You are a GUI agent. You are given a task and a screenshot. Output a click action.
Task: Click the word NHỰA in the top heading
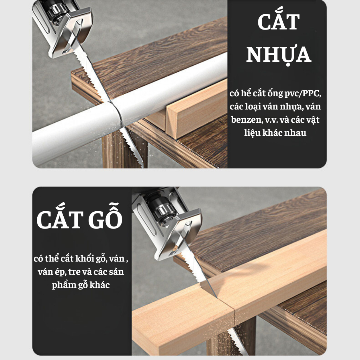pyautogui.click(x=279, y=54)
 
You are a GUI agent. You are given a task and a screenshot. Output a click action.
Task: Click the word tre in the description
pyautogui.click(x=74, y=272)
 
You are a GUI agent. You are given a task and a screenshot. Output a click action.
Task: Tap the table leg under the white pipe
pyautogui.click(x=124, y=149)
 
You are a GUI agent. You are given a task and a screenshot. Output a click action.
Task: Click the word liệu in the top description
pyautogui.click(x=252, y=133)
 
